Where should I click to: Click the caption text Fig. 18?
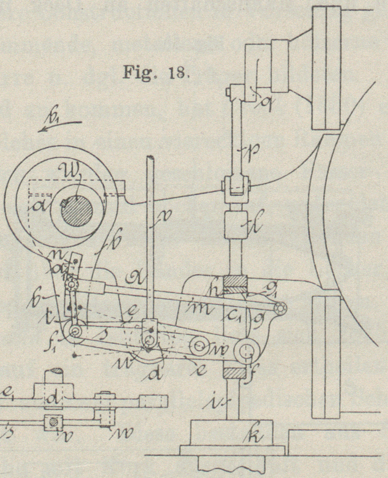(x=156, y=72)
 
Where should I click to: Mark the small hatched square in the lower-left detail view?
(x=53, y=421)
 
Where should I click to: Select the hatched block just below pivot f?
(x=234, y=372)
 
